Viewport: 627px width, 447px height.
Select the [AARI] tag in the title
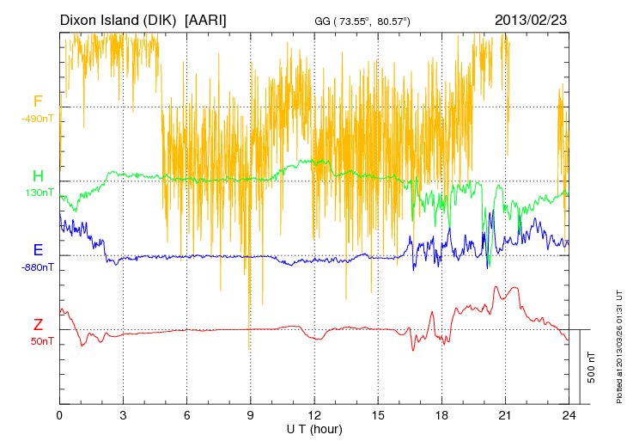click(206, 19)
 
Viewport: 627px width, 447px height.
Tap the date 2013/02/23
click(531, 19)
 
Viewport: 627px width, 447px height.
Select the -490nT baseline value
click(38, 119)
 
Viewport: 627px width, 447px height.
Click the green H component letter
click(38, 176)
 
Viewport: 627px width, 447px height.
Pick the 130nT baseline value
click(38, 193)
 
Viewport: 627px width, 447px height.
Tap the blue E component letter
click(38, 250)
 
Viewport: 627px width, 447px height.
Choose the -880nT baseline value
click(38, 266)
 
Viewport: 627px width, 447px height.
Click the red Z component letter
click(38, 324)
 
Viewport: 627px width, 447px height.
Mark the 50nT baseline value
click(38, 340)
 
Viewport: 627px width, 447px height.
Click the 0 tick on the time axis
click(59, 415)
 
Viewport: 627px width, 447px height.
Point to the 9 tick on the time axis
click(250, 415)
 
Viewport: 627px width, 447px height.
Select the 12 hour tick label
click(313, 415)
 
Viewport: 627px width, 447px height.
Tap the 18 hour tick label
click(441, 415)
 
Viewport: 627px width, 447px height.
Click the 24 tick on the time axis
click(568, 415)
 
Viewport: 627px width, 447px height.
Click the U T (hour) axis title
click(313, 428)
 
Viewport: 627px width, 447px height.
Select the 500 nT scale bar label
click(592, 366)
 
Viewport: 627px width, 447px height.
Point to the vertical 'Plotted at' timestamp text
click(618, 344)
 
